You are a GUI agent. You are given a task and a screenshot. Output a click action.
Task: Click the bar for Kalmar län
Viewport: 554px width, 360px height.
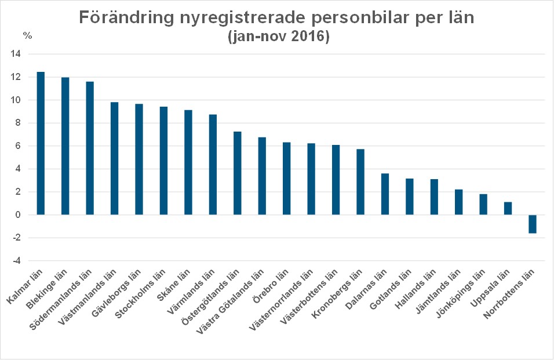pos(41,143)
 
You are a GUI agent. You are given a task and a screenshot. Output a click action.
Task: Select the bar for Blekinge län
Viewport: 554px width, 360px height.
pos(65,146)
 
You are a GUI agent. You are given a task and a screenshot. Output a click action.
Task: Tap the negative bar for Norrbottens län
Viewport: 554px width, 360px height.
pos(532,224)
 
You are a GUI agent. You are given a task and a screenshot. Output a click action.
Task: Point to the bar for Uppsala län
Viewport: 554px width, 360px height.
pos(508,208)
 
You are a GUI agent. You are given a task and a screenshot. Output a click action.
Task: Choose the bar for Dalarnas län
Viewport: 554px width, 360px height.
pos(385,194)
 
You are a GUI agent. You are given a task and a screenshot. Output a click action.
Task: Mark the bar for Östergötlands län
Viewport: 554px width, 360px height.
pos(237,173)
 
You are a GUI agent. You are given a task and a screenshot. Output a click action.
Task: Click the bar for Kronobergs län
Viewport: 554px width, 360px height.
pos(360,182)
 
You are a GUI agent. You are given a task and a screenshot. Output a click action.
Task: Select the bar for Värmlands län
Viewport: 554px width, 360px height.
pos(213,165)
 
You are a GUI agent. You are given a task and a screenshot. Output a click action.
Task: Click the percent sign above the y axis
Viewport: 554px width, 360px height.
pos(27,35)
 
